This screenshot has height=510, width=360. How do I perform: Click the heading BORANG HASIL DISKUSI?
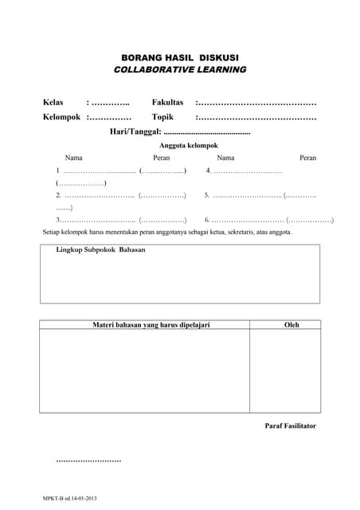[x=180, y=57]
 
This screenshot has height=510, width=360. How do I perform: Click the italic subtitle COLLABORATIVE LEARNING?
[x=180, y=70]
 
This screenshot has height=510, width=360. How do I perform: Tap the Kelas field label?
[x=53, y=103]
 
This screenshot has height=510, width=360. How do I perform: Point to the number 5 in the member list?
[x=206, y=194]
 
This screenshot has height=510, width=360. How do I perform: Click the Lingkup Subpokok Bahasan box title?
[x=100, y=249]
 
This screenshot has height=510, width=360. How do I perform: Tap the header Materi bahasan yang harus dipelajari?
[x=151, y=325]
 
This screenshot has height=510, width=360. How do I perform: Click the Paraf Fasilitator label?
[x=290, y=426]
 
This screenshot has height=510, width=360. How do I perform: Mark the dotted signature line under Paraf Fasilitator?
[x=89, y=461]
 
